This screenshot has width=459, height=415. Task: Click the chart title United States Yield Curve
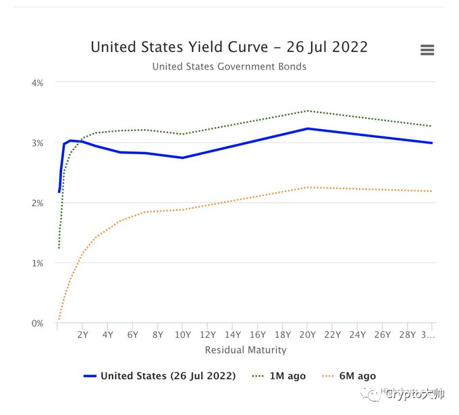coord(229,47)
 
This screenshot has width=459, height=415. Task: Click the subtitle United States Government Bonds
coord(229,66)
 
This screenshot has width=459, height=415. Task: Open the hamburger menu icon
coord(427,50)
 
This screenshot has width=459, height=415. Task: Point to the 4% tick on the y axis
coord(37,82)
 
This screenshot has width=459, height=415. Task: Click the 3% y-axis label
coord(37,143)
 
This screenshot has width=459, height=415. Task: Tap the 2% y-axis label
coord(37,203)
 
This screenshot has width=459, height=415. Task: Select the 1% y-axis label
coord(37,263)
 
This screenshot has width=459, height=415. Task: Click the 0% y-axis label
coord(37,323)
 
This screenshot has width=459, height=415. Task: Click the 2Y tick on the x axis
coord(82,334)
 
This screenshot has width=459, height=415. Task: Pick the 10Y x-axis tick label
coord(182,334)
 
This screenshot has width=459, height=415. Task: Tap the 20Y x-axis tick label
coord(308,334)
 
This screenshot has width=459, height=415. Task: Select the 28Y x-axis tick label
coord(408,334)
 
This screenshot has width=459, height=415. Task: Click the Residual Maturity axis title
coord(246,350)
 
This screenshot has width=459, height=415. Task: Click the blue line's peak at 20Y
coord(308,128)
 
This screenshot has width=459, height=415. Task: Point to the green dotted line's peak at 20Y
coord(308,111)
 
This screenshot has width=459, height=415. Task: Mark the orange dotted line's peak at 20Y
coord(308,187)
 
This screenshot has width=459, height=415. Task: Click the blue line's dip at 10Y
coord(182,157)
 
